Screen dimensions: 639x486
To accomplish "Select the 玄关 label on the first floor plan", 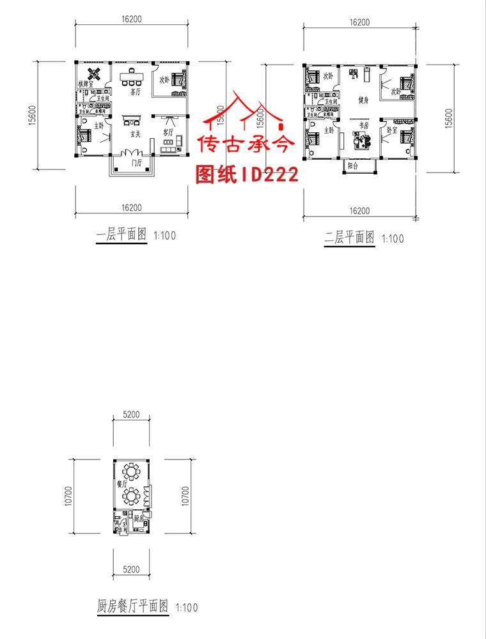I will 135,135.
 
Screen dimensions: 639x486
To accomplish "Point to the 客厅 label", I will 168,132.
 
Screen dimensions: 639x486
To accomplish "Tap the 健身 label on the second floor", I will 363,100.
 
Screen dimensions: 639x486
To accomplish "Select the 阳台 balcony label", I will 352,165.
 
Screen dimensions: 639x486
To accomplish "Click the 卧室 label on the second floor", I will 391,130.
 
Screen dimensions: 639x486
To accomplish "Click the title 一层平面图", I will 122,235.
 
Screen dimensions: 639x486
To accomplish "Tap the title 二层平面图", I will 349,238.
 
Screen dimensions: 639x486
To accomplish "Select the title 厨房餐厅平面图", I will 133,604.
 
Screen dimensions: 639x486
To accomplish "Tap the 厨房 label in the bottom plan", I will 138,520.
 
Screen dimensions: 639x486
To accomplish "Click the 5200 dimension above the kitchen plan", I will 131,415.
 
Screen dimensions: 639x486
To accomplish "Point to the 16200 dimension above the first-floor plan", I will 131,20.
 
